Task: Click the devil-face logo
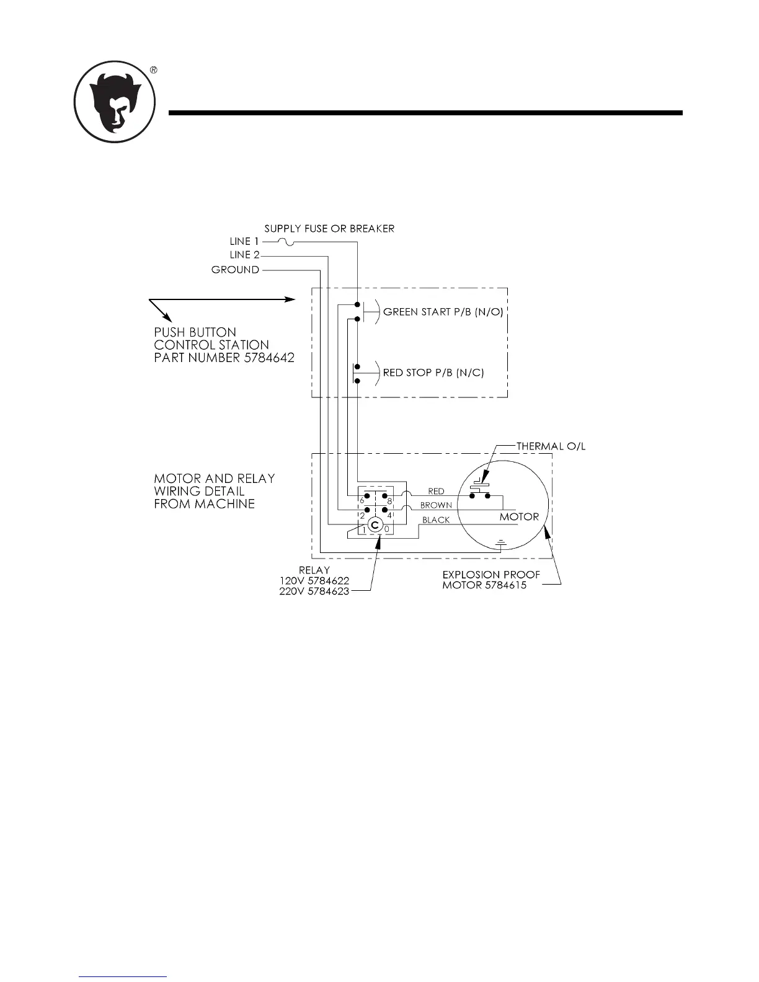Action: click(115, 102)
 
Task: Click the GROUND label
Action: click(235, 270)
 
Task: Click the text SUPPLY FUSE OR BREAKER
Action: click(329, 229)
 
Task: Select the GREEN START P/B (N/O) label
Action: click(443, 312)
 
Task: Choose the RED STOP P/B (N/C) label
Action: click(433, 373)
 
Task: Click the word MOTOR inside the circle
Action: click(519, 516)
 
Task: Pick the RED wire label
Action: click(436, 492)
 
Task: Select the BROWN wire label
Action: click(436, 505)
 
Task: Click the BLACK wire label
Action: click(436, 520)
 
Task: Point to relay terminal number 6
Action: click(362, 500)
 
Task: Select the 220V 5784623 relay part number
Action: click(314, 591)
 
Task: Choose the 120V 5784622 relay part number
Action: click(314, 580)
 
